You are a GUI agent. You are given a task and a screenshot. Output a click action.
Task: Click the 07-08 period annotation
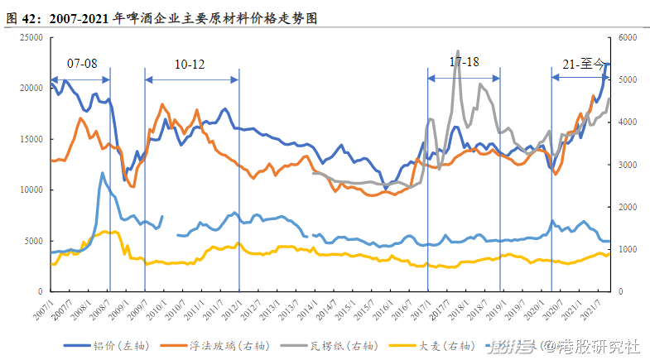[x=82, y=63]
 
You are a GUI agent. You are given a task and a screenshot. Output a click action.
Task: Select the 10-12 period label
[x=190, y=64]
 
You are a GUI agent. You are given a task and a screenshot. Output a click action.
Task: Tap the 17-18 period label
[x=464, y=62]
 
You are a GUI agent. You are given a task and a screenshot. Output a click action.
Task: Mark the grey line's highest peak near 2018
[x=458, y=50]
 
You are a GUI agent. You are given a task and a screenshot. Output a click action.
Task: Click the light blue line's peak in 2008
[x=102, y=173]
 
